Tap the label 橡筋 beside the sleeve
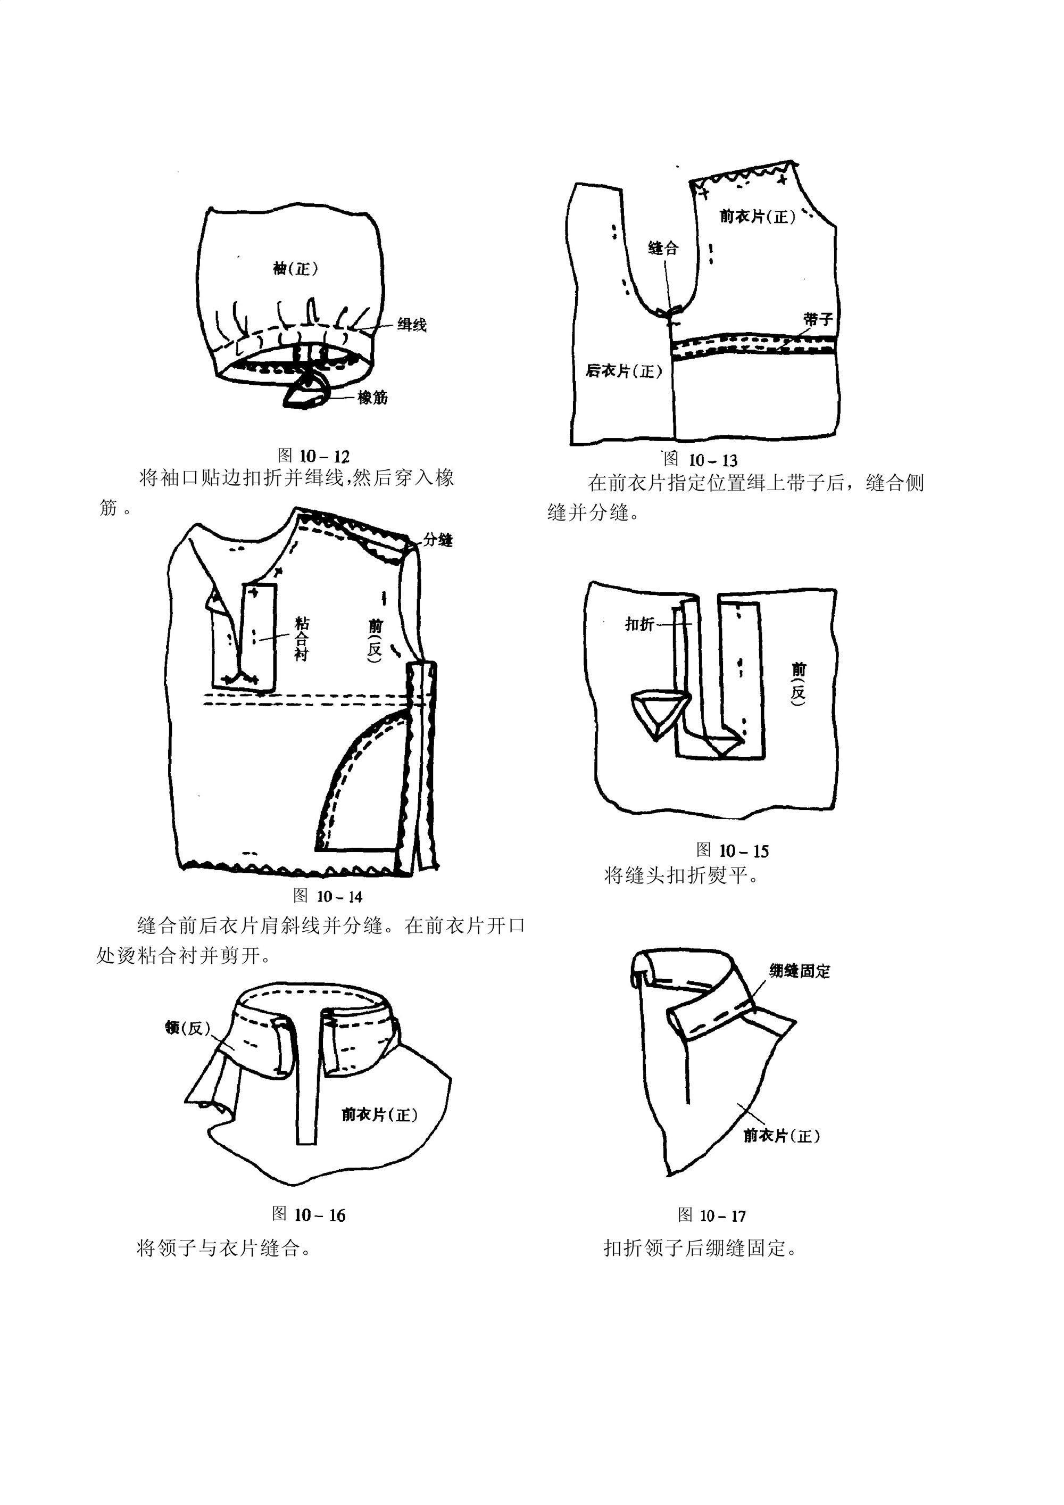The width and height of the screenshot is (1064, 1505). pyautogui.click(x=372, y=397)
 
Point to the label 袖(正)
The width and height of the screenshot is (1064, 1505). pyautogui.click(x=295, y=268)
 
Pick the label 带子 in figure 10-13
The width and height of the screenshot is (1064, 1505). pyautogui.click(x=818, y=319)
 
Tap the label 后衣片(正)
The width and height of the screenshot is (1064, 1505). pyautogui.click(x=624, y=371)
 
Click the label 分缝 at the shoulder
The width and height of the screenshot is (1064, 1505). pyautogui.click(x=438, y=540)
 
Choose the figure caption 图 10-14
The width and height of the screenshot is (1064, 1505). pyautogui.click(x=328, y=896)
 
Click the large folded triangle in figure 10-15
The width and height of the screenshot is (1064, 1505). pyautogui.click(x=657, y=711)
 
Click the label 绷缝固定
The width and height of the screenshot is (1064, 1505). pyautogui.click(x=799, y=971)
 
